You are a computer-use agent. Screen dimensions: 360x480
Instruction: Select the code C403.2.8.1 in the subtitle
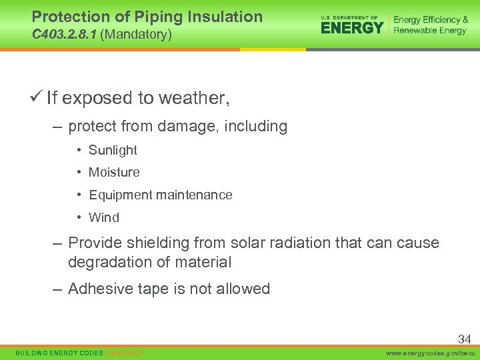tap(64, 33)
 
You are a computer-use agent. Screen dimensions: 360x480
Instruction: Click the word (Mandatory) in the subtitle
tap(136, 33)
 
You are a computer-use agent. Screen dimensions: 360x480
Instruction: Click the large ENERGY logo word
tap(352, 27)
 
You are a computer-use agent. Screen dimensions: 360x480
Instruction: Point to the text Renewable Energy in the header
tap(430, 31)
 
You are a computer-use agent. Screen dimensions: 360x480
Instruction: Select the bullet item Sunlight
tap(113, 150)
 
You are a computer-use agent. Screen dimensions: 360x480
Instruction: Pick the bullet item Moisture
tap(114, 172)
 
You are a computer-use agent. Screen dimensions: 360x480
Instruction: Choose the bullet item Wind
tap(104, 217)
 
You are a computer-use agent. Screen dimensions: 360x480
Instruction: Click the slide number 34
tap(464, 339)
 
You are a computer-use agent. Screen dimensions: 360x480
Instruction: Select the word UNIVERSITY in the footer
tap(125, 353)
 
